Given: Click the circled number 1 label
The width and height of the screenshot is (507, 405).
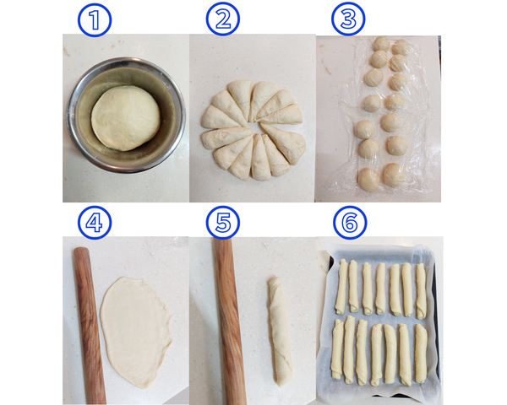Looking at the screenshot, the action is [95, 20].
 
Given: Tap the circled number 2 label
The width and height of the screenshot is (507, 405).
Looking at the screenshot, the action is [223, 19].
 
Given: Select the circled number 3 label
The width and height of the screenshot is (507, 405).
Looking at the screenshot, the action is [348, 19].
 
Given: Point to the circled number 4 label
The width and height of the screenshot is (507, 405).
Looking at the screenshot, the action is [95, 223].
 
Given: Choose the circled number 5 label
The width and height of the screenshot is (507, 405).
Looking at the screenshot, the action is [223, 223].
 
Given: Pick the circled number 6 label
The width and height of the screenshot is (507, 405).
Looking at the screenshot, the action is [350, 223].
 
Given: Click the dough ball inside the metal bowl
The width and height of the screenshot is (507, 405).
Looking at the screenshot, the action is [125, 118].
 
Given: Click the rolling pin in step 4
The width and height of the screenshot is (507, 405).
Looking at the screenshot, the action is [90, 325].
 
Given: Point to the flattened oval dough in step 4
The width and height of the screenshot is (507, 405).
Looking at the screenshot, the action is [136, 332].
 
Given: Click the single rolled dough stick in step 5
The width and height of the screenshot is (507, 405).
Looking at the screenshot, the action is [280, 331].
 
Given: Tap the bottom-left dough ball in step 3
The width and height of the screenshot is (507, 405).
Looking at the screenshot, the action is [369, 180].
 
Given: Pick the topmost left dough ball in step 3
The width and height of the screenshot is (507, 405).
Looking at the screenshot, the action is [382, 43].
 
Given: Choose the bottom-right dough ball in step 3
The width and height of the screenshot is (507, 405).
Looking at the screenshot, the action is [394, 175].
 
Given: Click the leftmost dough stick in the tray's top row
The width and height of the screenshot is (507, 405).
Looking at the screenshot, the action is [341, 287].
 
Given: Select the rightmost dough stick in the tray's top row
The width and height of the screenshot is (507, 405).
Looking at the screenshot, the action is [421, 291].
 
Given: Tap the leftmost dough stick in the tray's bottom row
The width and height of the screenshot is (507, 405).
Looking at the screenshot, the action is [337, 349].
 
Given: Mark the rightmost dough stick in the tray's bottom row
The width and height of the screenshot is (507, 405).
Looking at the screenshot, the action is [421, 354].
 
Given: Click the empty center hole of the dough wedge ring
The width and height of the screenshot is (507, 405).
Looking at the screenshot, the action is [254, 128].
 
